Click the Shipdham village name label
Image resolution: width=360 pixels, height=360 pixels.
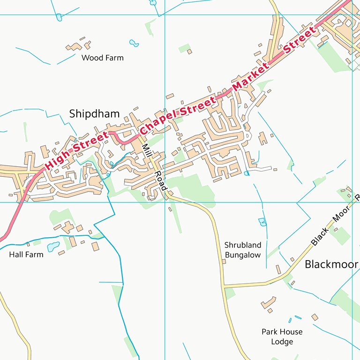[x=94, y=114]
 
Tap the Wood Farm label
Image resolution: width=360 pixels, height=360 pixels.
[x=102, y=58]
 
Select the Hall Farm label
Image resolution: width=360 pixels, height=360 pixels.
[x=26, y=255]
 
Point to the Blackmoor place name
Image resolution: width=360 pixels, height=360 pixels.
[x=331, y=264]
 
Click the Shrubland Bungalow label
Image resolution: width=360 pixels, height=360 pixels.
[x=242, y=250]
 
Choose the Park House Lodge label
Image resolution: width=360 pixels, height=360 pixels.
[x=282, y=337]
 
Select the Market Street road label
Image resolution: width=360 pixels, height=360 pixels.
[x=274, y=60]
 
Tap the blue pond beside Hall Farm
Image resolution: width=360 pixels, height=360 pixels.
[x=53, y=246]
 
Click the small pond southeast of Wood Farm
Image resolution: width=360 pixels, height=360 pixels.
[x=134, y=44]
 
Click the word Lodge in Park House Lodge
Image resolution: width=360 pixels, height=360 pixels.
[x=282, y=341]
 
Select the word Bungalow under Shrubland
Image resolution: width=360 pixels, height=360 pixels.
[x=242, y=255]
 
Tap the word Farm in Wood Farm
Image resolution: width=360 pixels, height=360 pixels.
[x=115, y=58]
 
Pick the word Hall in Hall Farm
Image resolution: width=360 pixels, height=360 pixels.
[x=17, y=255]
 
